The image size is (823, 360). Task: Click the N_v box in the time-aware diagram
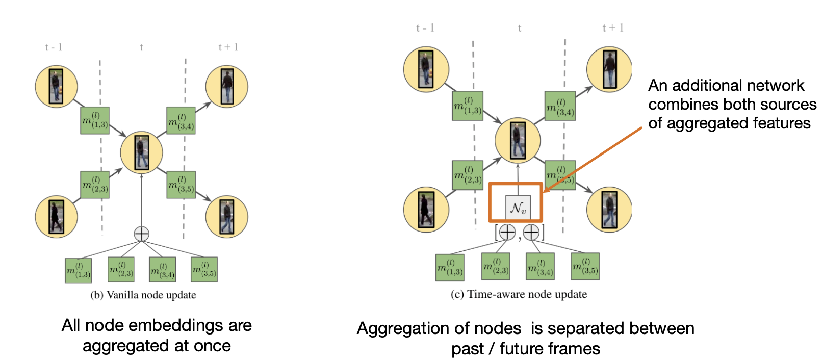tap(518, 208)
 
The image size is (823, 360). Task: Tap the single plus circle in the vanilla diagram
tap(141, 234)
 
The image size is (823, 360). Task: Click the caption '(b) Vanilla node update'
tap(143, 295)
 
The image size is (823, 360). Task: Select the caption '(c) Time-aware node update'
tap(519, 294)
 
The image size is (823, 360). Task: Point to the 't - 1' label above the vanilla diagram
tap(54, 47)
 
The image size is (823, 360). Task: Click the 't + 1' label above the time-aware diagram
tap(613, 28)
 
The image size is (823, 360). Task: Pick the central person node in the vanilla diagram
tap(141, 152)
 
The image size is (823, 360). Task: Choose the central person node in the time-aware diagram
tap(518, 140)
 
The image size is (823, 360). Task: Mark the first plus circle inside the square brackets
tap(507, 233)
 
